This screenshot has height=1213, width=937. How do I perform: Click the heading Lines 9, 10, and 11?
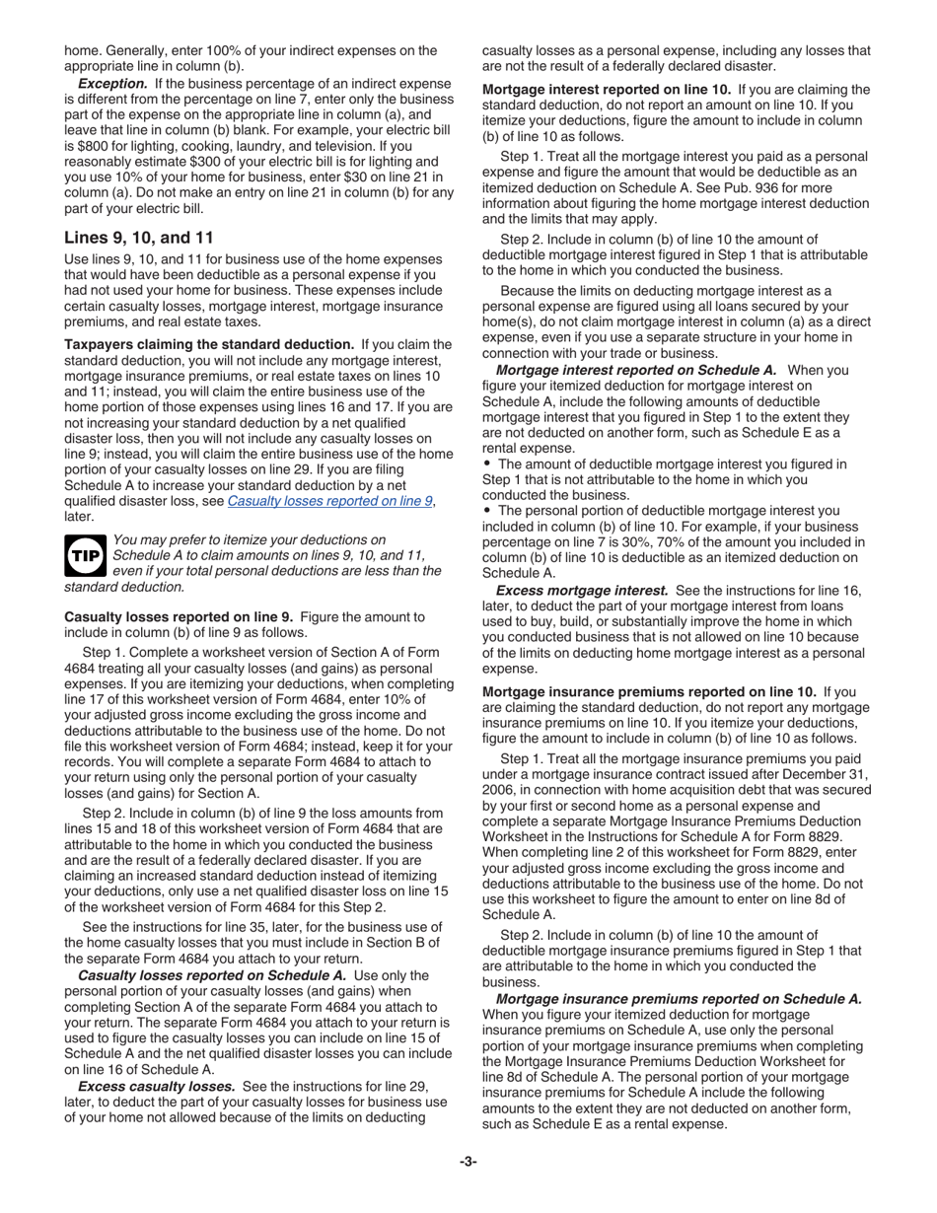click(x=137, y=238)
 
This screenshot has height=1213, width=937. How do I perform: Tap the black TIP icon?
click(x=85, y=555)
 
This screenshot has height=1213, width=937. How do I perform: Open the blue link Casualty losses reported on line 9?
click(x=329, y=501)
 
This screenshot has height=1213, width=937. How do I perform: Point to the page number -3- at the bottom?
click(x=468, y=1162)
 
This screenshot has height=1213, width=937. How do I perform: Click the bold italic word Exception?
click(x=112, y=84)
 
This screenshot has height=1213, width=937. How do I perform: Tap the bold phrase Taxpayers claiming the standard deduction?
click(x=209, y=344)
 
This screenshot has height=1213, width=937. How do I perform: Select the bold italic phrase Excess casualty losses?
click(x=156, y=1086)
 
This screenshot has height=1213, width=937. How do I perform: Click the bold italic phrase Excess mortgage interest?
click(x=582, y=591)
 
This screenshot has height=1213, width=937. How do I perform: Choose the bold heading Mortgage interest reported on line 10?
click(x=607, y=90)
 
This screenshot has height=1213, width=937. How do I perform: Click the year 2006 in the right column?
click(x=499, y=790)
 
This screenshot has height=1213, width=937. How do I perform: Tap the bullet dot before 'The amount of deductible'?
click(x=487, y=464)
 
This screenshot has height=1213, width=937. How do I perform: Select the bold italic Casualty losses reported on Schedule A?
click(x=212, y=975)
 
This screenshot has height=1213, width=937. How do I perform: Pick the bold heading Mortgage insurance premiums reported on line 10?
click(x=649, y=692)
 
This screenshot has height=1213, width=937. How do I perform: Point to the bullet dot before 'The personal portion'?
click(x=487, y=511)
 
